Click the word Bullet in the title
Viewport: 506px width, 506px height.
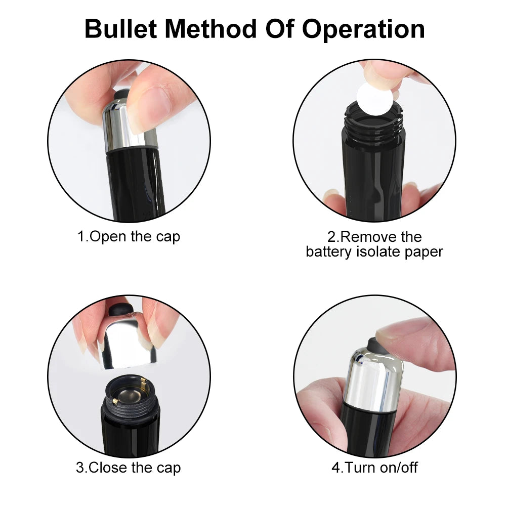pyautogui.click(x=124, y=29)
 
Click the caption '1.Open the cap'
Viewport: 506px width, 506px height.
pyautogui.click(x=129, y=236)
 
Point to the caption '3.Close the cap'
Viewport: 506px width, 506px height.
pyautogui.click(x=128, y=468)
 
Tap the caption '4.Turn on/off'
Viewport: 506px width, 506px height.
pyautogui.click(x=374, y=468)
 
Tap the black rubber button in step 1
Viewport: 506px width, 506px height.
pyautogui.click(x=122, y=94)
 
